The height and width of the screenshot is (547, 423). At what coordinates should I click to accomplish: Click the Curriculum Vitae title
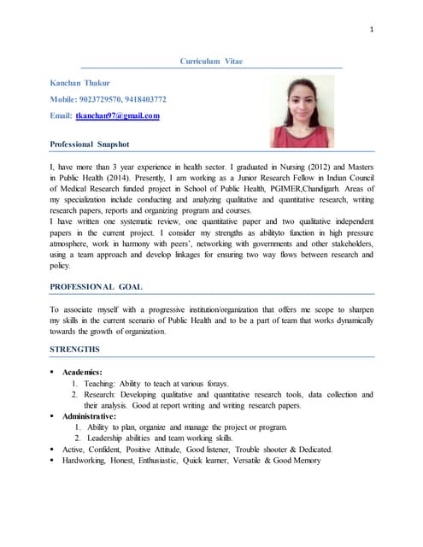pyautogui.click(x=211, y=62)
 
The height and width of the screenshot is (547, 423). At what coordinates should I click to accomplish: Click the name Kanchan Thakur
pyautogui.click(x=80, y=83)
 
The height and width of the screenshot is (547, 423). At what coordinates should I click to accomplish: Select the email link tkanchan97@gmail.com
pyautogui.click(x=117, y=115)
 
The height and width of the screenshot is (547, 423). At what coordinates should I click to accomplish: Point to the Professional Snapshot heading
pyautogui.click(x=90, y=144)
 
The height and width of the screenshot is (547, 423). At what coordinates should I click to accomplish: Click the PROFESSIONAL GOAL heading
pyautogui.click(x=97, y=286)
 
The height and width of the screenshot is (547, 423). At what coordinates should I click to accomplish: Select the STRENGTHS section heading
pyautogui.click(x=75, y=349)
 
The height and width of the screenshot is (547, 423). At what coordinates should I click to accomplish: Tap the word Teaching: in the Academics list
pyautogui.click(x=101, y=384)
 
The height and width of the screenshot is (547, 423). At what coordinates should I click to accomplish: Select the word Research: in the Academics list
pyautogui.click(x=103, y=395)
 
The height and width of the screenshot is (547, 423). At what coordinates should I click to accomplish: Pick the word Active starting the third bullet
pyautogui.click(x=74, y=450)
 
